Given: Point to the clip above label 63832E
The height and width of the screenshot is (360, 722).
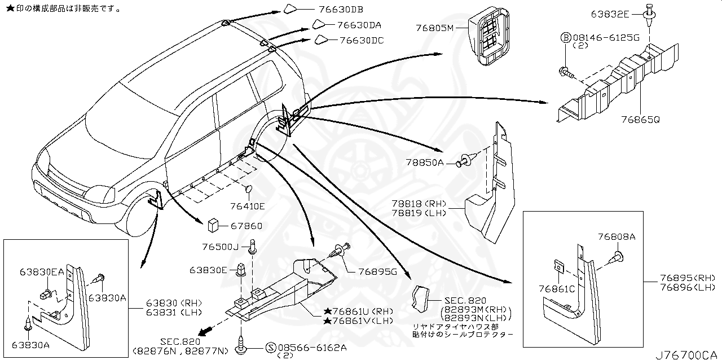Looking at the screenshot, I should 649,11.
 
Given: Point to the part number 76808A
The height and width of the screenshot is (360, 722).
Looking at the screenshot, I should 617,236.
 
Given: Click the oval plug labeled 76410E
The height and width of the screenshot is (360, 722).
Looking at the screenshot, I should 249,188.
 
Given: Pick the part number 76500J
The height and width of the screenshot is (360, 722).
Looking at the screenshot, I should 221,247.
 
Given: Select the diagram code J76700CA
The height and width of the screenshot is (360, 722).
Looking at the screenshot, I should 688,354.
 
